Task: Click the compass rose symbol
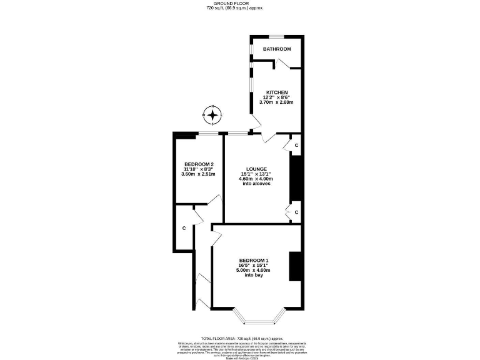tap(213, 115)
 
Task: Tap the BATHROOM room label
tap(276, 49)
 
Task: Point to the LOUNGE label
tap(257, 169)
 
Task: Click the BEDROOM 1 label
tap(254, 260)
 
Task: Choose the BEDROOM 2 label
tap(194, 164)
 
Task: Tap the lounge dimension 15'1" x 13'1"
tap(257, 174)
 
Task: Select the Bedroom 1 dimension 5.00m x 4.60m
tap(253, 270)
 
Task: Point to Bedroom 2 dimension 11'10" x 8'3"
tap(197, 169)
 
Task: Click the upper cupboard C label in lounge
tap(296, 145)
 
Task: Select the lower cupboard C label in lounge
tap(296, 212)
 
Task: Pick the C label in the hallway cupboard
tap(184, 228)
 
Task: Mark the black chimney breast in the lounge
tap(296, 179)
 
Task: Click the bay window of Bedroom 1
tap(258, 321)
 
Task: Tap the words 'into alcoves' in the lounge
tap(257, 184)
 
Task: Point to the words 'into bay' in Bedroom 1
tap(254, 275)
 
